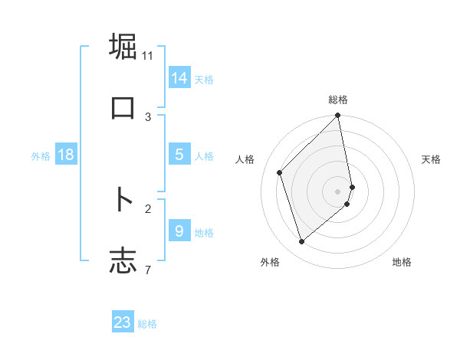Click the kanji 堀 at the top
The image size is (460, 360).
point(123,47)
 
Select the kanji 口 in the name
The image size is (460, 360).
point(123,107)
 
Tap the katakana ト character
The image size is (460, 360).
point(123,200)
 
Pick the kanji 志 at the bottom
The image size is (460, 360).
point(123,260)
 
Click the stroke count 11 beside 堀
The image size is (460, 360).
point(148,56)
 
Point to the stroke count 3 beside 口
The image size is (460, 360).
point(148,116)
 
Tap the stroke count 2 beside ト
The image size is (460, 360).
point(148,208)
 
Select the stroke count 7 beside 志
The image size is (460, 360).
point(148,269)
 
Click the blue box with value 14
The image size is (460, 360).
point(179,77)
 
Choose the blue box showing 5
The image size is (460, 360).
point(179,155)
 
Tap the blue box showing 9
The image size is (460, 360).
point(179,231)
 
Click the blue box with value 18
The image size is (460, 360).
point(66,155)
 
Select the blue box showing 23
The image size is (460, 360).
point(123,322)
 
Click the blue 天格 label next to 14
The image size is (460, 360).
point(204,79)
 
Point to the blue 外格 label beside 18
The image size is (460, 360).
point(41,156)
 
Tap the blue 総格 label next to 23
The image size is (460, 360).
point(147,324)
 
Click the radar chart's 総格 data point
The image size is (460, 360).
point(338,116)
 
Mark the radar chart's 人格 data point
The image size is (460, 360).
point(280,172)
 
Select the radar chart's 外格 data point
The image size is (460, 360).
point(301,242)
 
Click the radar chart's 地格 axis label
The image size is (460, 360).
point(402,263)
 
